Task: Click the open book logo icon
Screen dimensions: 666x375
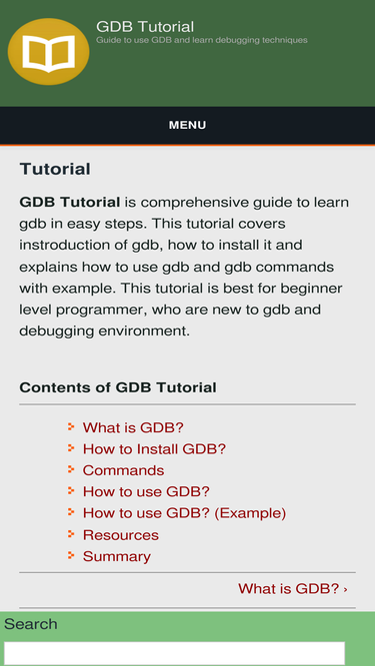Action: pyautogui.click(x=48, y=52)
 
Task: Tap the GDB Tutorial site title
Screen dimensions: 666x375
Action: pyautogui.click(x=145, y=26)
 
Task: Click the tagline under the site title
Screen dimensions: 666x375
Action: pyautogui.click(x=201, y=41)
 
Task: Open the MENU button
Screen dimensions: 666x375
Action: pyautogui.click(x=187, y=125)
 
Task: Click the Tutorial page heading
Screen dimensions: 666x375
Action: pyautogui.click(x=55, y=169)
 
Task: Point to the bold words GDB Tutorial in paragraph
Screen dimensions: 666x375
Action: pyautogui.click(x=70, y=202)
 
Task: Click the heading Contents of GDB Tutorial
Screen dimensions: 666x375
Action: pyautogui.click(x=117, y=387)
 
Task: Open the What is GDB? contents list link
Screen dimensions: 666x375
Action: pyautogui.click(x=133, y=427)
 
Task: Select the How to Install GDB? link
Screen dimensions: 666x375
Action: pyautogui.click(x=154, y=449)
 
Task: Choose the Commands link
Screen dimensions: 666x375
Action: pyautogui.click(x=123, y=470)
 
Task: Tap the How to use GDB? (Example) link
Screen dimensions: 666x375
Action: pyautogui.click(x=184, y=513)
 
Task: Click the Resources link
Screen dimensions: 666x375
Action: pyautogui.click(x=120, y=535)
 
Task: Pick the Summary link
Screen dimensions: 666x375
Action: pyautogui.click(x=116, y=556)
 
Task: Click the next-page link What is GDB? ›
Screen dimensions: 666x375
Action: pyautogui.click(x=292, y=589)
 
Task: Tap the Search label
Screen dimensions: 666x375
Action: pyautogui.click(x=31, y=624)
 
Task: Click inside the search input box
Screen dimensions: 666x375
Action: pyautogui.click(x=174, y=653)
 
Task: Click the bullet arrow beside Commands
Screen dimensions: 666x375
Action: pyautogui.click(x=71, y=469)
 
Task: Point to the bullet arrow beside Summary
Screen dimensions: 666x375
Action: pyautogui.click(x=71, y=555)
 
